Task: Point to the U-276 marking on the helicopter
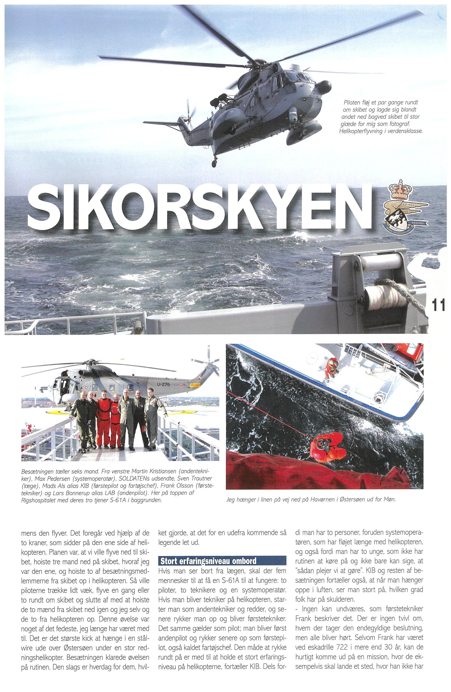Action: pos(165,385)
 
